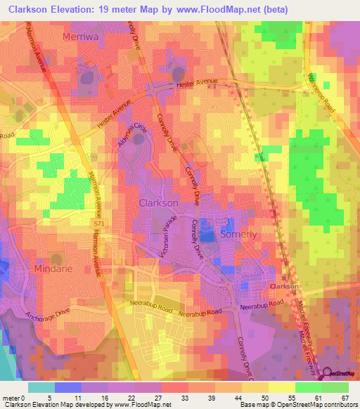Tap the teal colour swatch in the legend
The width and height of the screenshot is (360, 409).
(41, 387)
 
